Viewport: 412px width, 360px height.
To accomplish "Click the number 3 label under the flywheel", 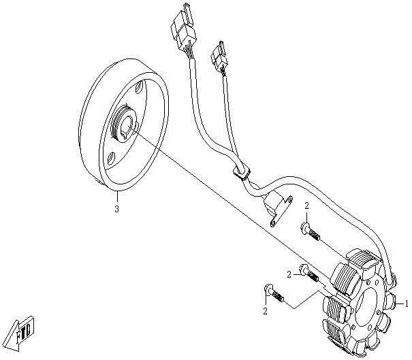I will click(x=116, y=209).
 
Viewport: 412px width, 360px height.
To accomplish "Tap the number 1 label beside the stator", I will click(x=407, y=303).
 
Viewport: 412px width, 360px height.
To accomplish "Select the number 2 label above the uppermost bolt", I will click(x=307, y=205).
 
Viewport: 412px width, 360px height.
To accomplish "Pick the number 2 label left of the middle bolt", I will click(x=289, y=274).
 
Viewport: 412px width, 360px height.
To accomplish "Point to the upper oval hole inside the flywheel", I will click(x=140, y=88).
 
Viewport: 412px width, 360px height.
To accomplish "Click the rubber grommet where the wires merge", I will click(x=239, y=172).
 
